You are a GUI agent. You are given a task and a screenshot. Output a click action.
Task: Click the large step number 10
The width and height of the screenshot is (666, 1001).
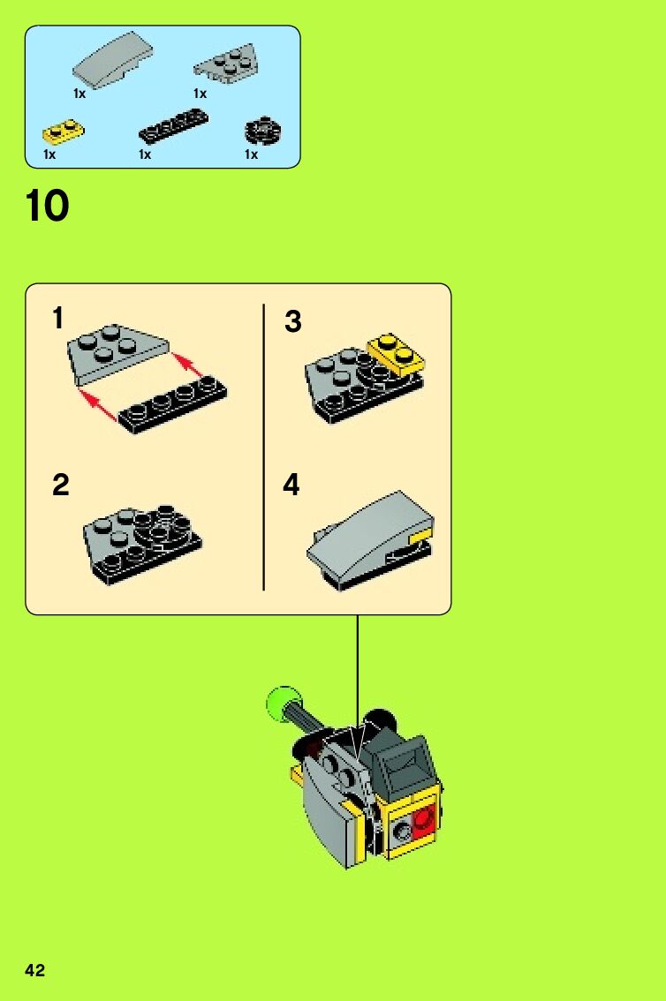click(47, 206)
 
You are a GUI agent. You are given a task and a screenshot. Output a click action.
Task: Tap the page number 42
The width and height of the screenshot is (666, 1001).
click(35, 970)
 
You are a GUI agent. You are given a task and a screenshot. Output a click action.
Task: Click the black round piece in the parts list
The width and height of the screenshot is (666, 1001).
click(263, 131)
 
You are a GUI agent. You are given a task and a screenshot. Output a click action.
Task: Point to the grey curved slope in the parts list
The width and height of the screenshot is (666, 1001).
click(113, 59)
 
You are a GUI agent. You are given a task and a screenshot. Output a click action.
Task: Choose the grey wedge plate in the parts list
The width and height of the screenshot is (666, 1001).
click(226, 65)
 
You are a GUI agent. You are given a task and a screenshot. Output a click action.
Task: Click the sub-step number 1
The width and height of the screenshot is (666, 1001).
click(58, 318)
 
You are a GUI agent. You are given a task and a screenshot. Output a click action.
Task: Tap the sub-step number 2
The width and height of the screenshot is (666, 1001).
click(60, 485)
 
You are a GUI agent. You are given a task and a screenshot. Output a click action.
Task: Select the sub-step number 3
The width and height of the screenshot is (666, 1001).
click(292, 321)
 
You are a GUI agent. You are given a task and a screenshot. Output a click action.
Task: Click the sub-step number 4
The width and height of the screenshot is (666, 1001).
click(291, 485)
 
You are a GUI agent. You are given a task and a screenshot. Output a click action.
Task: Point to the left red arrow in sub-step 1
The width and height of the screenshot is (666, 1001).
click(98, 407)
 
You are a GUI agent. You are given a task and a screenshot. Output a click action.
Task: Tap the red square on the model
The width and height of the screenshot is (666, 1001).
click(423, 822)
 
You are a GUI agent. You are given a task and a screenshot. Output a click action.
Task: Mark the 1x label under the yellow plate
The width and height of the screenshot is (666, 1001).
click(49, 154)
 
